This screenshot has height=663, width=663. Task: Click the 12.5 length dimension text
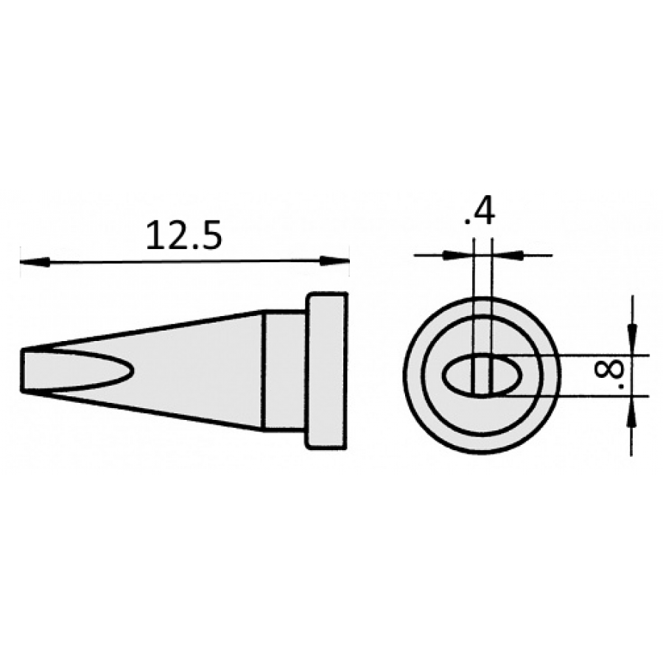click(x=183, y=235)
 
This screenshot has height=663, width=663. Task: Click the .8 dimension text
click(x=608, y=375)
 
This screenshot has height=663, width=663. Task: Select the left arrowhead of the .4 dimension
click(x=450, y=255)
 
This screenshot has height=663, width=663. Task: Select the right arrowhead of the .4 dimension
click(x=513, y=255)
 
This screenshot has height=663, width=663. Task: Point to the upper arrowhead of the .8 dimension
click(x=632, y=335)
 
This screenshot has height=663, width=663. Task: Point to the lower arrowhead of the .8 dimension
click(x=632, y=416)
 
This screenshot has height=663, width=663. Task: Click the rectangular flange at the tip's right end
click(x=326, y=370)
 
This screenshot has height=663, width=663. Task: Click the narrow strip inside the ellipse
click(x=483, y=376)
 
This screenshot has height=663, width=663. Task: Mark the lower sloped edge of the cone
click(x=147, y=410)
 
